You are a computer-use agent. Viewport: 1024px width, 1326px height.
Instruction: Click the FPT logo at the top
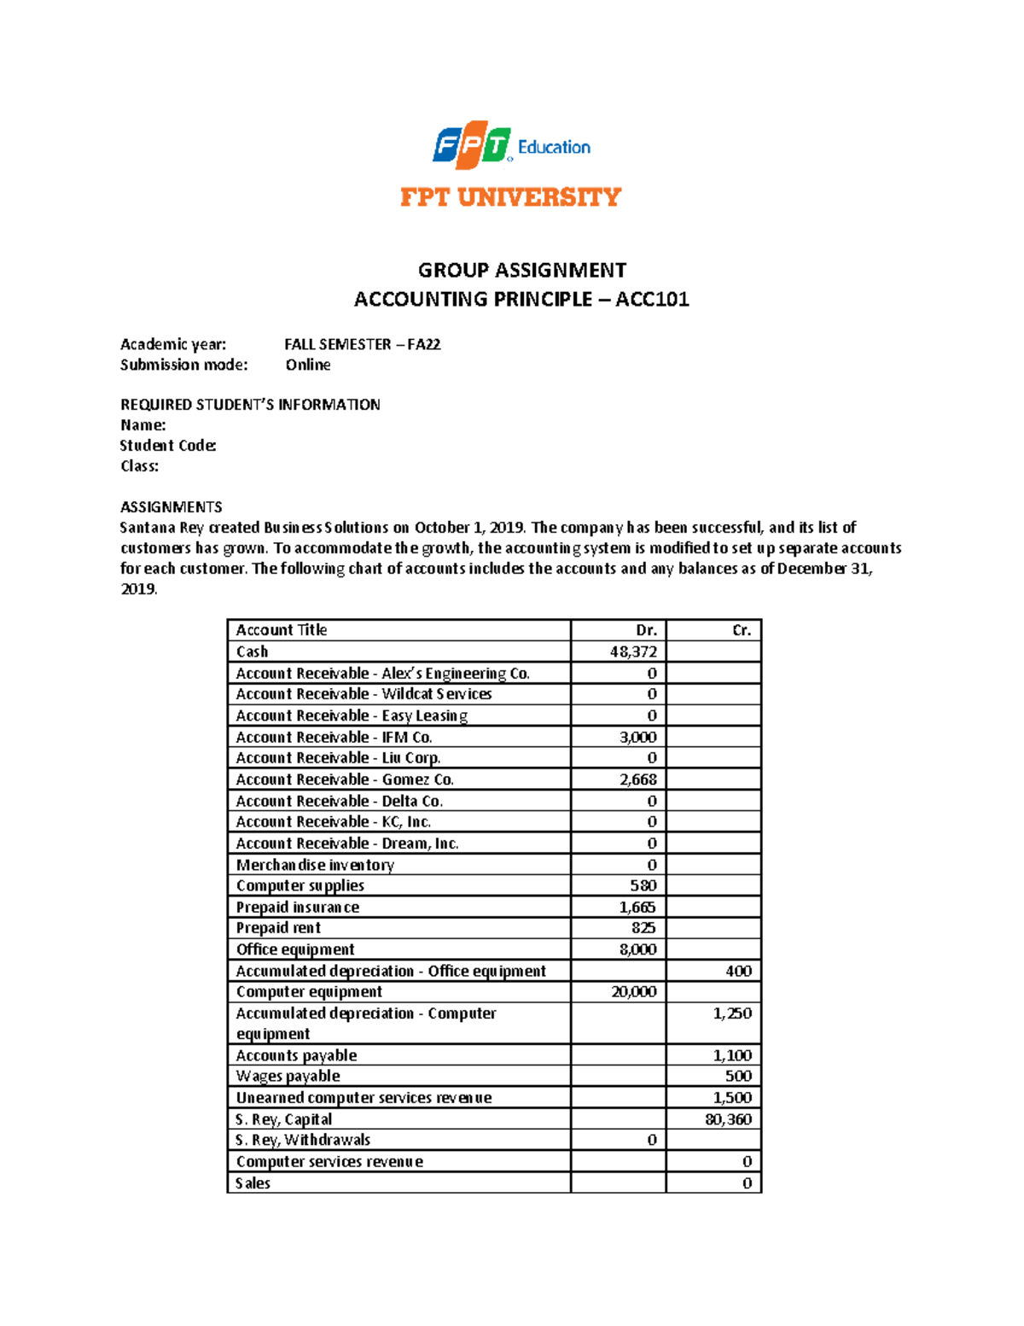pos(472,146)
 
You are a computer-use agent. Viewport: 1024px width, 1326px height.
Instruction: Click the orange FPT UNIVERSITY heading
pos(510,197)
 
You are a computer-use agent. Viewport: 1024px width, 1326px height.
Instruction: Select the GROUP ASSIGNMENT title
pos(521,270)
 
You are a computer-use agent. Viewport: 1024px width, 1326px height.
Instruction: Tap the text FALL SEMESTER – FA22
pos(362,344)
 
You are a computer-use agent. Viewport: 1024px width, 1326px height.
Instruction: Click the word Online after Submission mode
pos(308,365)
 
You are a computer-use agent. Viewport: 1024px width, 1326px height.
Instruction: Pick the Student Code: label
pos(168,445)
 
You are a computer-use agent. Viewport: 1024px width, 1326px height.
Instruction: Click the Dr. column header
pos(646,630)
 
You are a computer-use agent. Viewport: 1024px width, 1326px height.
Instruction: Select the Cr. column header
pos(742,630)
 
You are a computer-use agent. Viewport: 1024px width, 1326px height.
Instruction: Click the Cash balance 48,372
pos(633,651)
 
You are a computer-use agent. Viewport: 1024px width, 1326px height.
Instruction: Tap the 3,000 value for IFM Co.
pos(637,737)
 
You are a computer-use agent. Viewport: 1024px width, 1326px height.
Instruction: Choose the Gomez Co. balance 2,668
pos(637,780)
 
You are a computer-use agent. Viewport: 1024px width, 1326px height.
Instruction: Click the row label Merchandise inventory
pos(315,865)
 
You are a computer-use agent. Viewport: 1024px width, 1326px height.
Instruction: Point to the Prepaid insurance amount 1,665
pos(637,907)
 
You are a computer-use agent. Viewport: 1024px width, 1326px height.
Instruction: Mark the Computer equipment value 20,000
pos(633,991)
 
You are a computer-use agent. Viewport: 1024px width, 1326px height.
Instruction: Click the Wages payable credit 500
pos(738,1076)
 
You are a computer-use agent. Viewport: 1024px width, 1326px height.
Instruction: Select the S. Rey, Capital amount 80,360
pos(728,1119)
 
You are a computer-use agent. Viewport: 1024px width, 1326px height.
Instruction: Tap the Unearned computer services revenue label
pos(364,1098)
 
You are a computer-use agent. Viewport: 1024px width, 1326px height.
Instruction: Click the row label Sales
pos(253,1183)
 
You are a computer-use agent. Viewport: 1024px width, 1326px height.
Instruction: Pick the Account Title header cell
pos(282,630)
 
